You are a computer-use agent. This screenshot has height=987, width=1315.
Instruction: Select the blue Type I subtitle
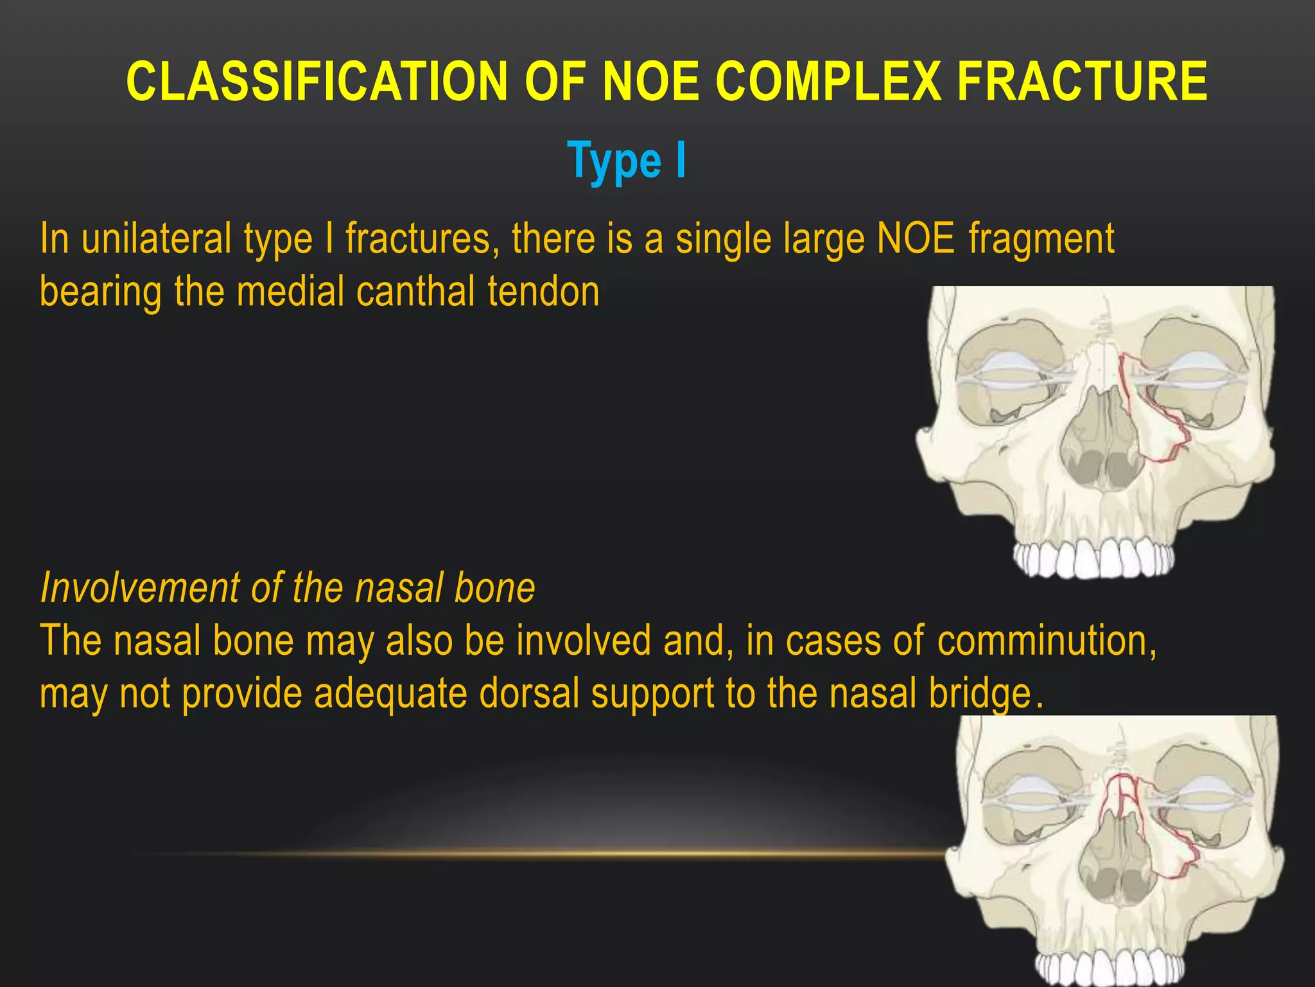coord(627,161)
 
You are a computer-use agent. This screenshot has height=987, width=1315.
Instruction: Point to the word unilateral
coord(157,239)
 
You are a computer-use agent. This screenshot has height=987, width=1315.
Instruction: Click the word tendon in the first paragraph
coord(543,292)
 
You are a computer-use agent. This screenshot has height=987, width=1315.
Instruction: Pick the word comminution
coord(1047,641)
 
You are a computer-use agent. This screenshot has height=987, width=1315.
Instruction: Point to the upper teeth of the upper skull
coord(1095,559)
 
